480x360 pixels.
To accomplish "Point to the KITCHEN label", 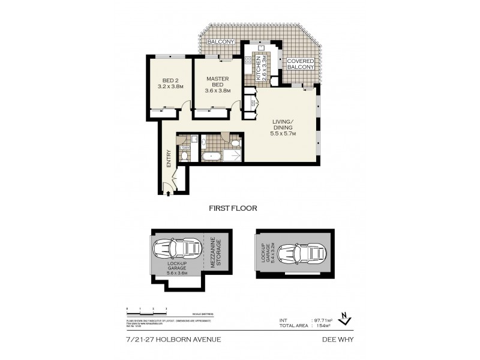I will [259, 67].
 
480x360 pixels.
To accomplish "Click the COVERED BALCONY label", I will [299, 64].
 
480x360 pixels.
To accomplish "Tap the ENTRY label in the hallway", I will [169, 157].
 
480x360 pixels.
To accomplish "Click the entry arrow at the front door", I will [168, 193].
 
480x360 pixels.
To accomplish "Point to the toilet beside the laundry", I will [185, 156].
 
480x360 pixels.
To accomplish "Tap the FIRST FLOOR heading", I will [233, 209].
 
